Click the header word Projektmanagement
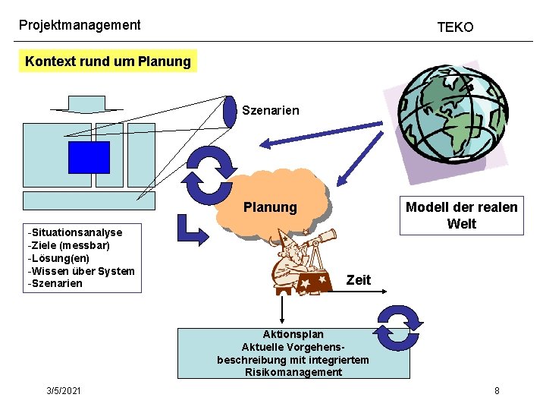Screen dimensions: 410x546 point(80,24)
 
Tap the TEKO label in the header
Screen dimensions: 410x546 point(455,27)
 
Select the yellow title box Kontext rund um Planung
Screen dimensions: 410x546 point(108,61)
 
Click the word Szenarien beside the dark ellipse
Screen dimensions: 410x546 point(270,111)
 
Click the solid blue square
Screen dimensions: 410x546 point(89,157)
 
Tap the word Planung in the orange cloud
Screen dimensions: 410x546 point(270,207)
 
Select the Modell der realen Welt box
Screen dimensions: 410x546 point(461,215)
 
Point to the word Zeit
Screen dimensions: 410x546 point(358,280)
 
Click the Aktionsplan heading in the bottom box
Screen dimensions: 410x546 point(293,334)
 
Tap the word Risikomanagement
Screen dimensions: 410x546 point(293,372)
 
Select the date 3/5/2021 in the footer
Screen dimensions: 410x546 point(64,390)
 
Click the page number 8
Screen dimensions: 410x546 point(497,390)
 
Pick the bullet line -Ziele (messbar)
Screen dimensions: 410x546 point(68,245)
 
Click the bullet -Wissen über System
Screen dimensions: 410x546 point(80,271)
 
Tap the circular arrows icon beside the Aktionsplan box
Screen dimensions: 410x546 point(397,327)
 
